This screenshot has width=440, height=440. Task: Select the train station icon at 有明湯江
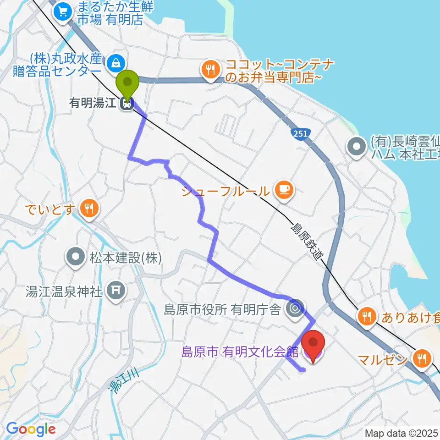127,104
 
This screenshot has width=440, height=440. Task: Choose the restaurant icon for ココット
211,70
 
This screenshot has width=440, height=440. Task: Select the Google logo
31,429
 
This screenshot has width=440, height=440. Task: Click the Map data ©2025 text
401,433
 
